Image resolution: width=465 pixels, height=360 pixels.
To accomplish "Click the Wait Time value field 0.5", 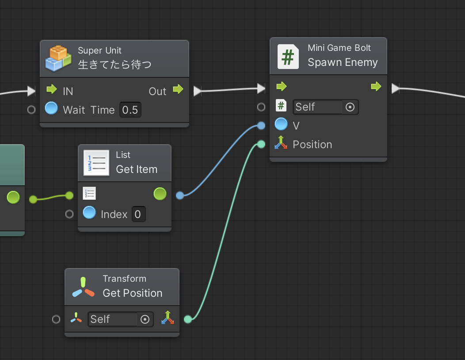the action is pyautogui.click(x=130, y=110).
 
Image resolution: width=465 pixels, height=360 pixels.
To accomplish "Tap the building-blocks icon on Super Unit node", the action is pyautogui.click(x=58, y=58).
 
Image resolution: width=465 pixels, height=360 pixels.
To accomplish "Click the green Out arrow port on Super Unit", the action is pyautogui.click(x=178, y=89).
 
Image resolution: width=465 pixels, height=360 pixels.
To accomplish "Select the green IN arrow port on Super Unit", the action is pyautogui.click(x=52, y=89).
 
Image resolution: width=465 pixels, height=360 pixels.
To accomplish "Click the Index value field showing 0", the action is pyautogui.click(x=138, y=214).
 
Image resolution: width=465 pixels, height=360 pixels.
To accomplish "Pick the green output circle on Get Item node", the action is pyautogui.click(x=160, y=194).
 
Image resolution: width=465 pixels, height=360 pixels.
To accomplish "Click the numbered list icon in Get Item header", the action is pyautogui.click(x=96, y=163).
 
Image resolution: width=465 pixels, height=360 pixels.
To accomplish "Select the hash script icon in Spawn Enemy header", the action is pyautogui.click(x=288, y=57).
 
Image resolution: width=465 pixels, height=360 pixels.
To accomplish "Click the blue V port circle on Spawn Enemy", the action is pyautogui.click(x=281, y=124).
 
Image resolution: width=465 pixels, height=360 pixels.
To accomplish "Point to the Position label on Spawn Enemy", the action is pyautogui.click(x=312, y=145).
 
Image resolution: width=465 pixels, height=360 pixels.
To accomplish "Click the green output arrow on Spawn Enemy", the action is pyautogui.click(x=376, y=86).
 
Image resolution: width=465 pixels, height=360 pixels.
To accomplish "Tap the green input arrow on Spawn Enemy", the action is pyautogui.click(x=282, y=86).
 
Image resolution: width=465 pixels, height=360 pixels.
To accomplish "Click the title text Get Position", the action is pyautogui.click(x=133, y=293).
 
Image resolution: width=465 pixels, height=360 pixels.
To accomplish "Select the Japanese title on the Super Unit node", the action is pyautogui.click(x=115, y=65).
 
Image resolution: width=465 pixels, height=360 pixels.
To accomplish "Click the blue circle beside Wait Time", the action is pyautogui.click(x=51, y=108).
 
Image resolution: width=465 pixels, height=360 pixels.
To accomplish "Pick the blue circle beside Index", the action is pyautogui.click(x=89, y=212).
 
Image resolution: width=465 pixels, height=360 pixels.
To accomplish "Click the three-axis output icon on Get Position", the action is pyautogui.click(x=168, y=318).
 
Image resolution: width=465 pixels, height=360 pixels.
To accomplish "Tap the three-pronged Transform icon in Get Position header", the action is pyautogui.click(x=84, y=287).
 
